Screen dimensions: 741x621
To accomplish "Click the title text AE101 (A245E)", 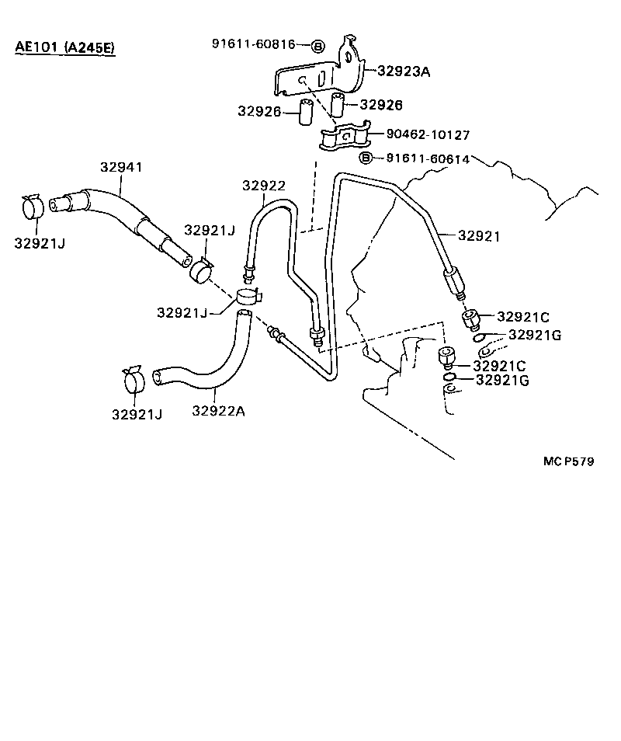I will pyautogui.click(x=64, y=47).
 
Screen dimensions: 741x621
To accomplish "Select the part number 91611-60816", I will pyautogui.click(x=253, y=44).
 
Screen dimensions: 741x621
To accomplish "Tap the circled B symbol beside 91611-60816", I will pyautogui.click(x=318, y=46).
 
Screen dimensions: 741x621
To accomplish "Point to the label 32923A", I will pyautogui.click(x=404, y=71).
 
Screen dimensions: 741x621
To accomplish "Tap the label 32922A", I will pyautogui.click(x=218, y=412).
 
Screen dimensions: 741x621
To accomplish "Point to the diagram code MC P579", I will pyautogui.click(x=568, y=461).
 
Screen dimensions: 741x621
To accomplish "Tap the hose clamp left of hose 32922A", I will pyautogui.click(x=134, y=378).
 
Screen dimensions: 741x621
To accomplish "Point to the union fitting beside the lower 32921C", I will pyautogui.click(x=447, y=360).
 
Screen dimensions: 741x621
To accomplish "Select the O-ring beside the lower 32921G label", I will pyautogui.click(x=450, y=379).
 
